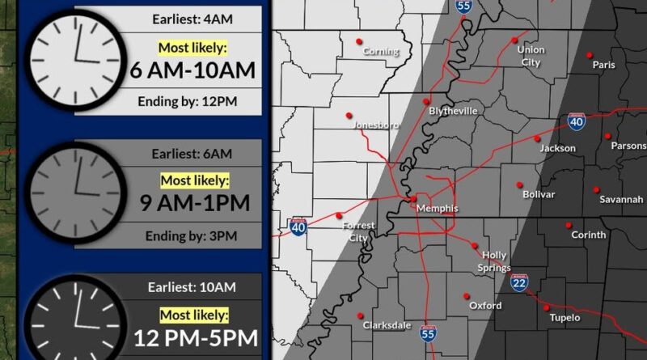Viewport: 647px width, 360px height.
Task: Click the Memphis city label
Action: coord(437,209)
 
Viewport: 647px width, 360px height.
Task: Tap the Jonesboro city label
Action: coord(376,125)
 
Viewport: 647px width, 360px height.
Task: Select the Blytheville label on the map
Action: coord(453,111)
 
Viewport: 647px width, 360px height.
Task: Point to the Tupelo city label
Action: coord(565,318)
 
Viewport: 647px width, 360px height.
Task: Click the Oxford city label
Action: coord(485,306)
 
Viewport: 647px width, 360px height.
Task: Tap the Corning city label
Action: coord(381,52)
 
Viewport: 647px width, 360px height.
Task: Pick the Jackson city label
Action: coord(558,148)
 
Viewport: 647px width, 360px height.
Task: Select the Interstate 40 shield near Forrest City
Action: coord(298,227)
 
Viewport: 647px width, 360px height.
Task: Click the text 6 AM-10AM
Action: coord(192,70)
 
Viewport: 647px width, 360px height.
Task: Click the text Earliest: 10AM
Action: coord(192,286)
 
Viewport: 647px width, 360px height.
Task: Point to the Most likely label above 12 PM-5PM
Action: coord(193,314)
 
